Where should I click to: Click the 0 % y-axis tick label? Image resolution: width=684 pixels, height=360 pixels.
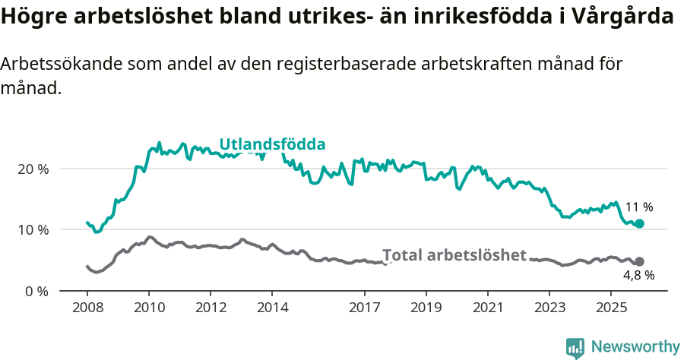(36, 291)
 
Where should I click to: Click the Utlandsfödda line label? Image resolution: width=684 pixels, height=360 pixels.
(272, 144)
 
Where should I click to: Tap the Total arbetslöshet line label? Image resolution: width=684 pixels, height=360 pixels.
(454, 255)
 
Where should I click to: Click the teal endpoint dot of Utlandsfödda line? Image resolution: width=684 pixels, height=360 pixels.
(640, 223)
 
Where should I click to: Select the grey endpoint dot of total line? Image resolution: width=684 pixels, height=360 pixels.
(639, 261)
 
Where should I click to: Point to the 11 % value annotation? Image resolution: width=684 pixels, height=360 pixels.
(639, 207)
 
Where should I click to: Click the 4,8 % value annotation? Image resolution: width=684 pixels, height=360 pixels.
(638, 276)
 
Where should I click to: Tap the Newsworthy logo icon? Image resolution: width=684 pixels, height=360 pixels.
(575, 347)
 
